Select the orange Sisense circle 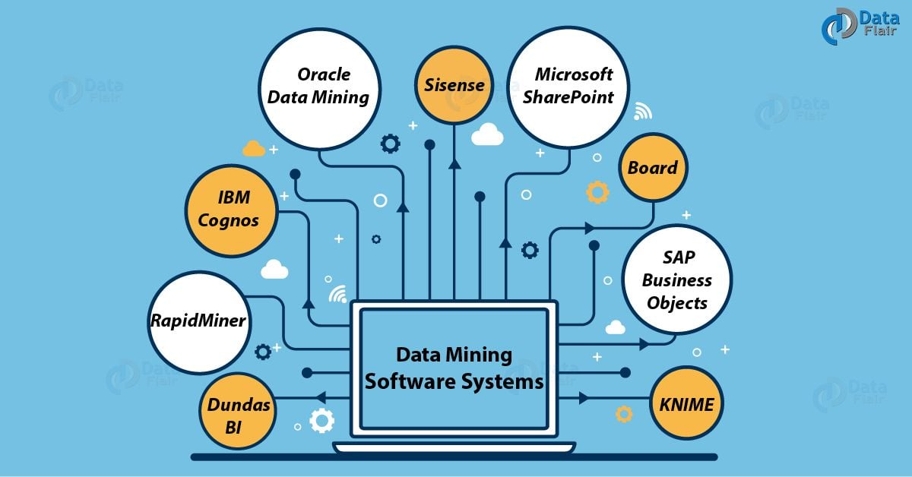(x=454, y=85)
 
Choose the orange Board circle (x=653, y=168)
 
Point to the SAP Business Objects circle (x=676, y=280)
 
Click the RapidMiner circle (x=198, y=320)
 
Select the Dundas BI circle (x=237, y=415)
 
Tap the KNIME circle (x=686, y=403)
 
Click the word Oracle (x=324, y=74)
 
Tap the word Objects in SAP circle (x=677, y=303)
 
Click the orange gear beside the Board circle (x=597, y=191)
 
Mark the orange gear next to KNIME (x=624, y=414)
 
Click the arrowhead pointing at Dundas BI (x=320, y=397)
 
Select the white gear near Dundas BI (x=322, y=420)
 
